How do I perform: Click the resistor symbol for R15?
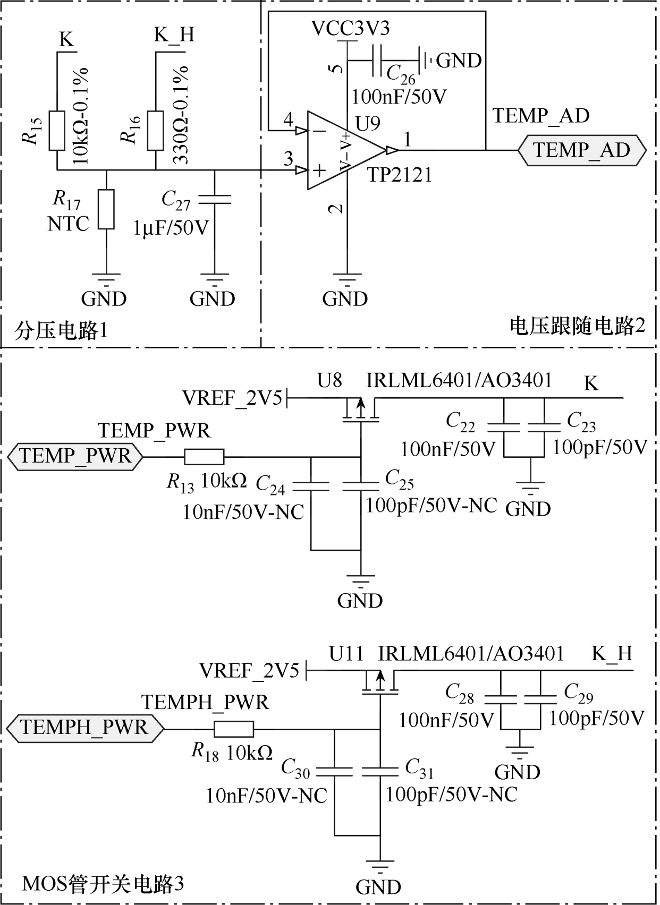57,131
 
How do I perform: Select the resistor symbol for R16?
155,131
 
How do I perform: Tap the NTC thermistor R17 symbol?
106,209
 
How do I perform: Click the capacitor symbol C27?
214,199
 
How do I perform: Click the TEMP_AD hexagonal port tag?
582,150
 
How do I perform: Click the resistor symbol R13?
204,456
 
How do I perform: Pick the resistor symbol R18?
234,729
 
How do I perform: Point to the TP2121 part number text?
400,174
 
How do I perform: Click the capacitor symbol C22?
503,426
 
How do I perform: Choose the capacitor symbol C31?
380,771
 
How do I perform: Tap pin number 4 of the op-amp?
288,119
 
